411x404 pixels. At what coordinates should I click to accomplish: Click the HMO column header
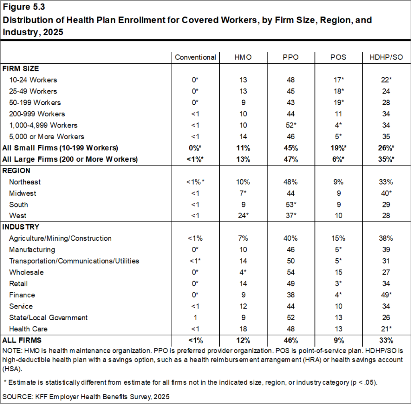(x=243, y=57)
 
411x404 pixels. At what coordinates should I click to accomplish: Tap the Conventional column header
(x=195, y=57)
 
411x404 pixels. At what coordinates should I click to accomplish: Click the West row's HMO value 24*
(x=243, y=216)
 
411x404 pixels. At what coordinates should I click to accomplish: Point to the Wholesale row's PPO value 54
(x=290, y=272)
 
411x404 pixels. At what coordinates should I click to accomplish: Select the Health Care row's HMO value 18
(x=243, y=329)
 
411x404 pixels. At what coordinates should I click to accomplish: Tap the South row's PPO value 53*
(x=290, y=205)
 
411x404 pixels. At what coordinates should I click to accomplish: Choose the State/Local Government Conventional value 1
(x=195, y=318)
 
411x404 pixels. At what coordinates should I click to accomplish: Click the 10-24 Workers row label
(x=33, y=80)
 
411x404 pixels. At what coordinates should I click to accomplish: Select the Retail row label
(x=18, y=284)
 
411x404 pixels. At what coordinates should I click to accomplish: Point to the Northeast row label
(x=25, y=182)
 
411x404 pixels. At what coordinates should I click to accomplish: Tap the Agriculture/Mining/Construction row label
(x=60, y=238)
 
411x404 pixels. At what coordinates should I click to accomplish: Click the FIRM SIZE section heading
(x=20, y=69)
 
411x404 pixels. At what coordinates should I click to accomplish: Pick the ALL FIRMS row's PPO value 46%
(x=290, y=341)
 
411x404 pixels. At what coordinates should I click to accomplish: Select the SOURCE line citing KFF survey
(x=86, y=396)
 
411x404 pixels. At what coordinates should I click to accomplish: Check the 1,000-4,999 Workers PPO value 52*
(x=290, y=125)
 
